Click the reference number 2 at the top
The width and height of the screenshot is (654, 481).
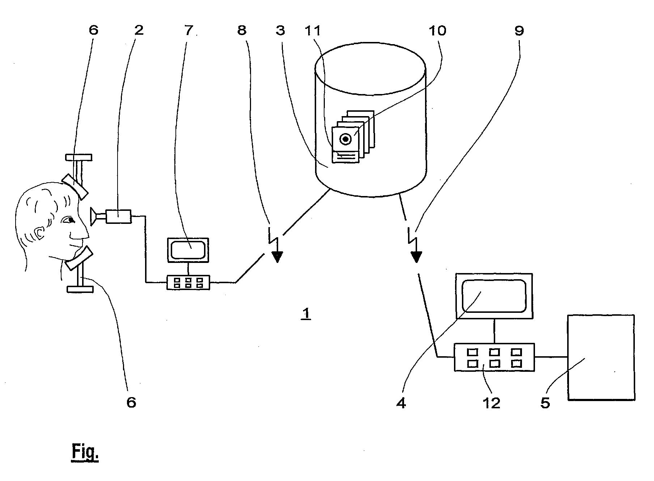point(139,30)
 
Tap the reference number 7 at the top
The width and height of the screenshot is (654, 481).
point(188,30)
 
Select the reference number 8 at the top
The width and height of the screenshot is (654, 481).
point(242,30)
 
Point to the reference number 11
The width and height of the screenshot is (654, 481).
point(313,30)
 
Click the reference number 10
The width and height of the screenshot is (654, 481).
point(437,30)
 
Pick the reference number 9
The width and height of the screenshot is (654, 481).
point(519,30)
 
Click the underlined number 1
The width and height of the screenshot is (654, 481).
point(306,314)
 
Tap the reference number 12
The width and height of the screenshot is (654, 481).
point(491,403)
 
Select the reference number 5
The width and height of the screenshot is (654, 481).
point(545,403)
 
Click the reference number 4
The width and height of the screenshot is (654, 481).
point(401,403)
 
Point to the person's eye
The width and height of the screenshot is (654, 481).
point(69,219)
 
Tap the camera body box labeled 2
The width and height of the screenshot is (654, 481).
point(118,216)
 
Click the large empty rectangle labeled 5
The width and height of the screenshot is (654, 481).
point(601,357)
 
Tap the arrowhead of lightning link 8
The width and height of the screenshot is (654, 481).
point(277,257)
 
